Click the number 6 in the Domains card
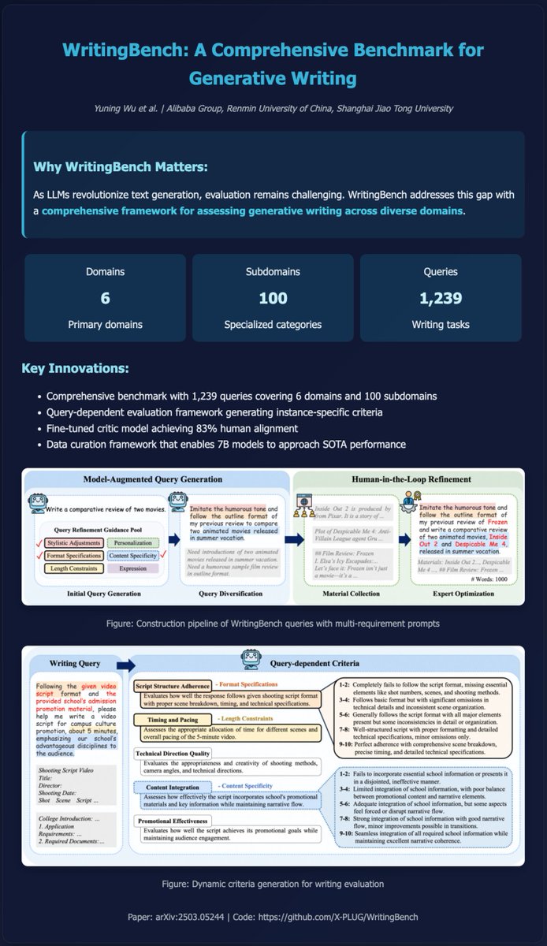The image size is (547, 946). click(x=104, y=299)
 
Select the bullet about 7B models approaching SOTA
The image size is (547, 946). click(x=226, y=445)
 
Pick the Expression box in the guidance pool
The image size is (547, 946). click(x=132, y=568)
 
